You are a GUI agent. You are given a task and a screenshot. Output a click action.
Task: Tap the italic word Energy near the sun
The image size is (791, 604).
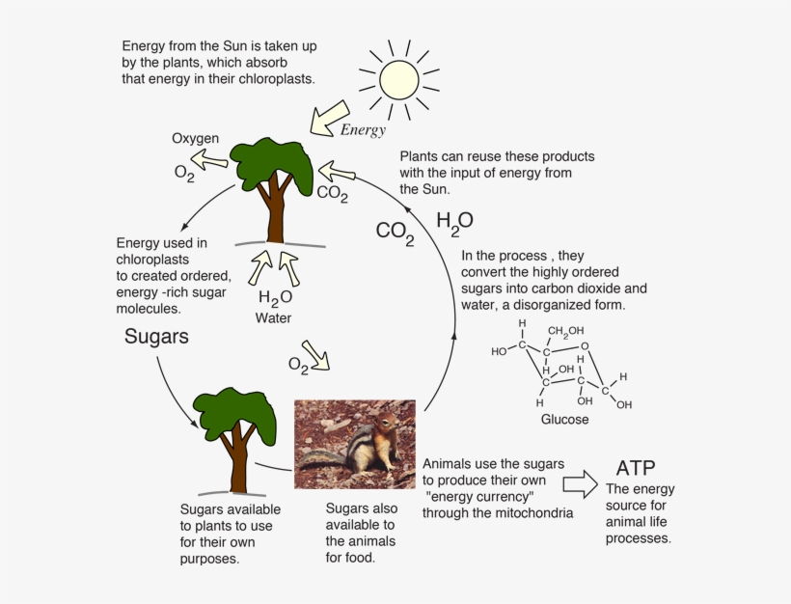coord(363,130)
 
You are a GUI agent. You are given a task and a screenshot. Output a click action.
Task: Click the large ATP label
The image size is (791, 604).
coord(636,468)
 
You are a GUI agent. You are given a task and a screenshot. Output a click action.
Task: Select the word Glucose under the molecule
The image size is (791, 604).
coord(564,420)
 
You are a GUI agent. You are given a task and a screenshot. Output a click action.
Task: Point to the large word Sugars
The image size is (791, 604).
coord(156,337)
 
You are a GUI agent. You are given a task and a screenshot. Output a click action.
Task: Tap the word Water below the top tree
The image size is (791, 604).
coord(273,317)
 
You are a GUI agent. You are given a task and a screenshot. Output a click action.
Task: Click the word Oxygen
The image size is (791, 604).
coord(196,139)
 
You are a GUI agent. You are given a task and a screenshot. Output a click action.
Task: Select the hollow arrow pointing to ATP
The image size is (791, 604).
coord(581,480)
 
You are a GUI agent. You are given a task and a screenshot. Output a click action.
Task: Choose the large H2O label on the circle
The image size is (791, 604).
coord(454,221)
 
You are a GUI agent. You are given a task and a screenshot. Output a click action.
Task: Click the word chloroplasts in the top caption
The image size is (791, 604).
coord(273,78)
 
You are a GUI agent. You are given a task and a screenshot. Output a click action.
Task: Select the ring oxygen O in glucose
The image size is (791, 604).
coord(585,344)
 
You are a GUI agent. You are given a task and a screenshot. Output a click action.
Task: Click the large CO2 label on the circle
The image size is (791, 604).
coord(395,233)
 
